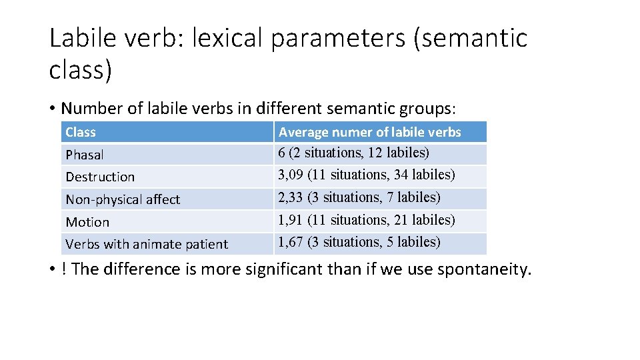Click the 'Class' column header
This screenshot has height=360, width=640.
pos(81,132)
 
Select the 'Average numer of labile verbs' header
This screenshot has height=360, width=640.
pos(369,132)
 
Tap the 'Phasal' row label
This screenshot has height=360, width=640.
pos(85,155)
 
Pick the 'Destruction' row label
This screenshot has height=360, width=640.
pos(100,177)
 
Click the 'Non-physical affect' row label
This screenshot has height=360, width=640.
pos(123,199)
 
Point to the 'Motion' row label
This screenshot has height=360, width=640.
pos(87,222)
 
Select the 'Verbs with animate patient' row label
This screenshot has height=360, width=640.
pos(147,244)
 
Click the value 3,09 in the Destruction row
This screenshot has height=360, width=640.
pos(291,175)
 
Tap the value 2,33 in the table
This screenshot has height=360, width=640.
pos(291,197)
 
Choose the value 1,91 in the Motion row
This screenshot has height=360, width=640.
pos(291,220)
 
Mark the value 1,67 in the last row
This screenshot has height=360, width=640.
pos(291,242)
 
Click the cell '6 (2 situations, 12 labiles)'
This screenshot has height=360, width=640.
pos(353,153)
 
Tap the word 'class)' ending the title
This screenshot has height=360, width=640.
pos(80,70)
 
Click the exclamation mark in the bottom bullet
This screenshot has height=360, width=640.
pos(63,269)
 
